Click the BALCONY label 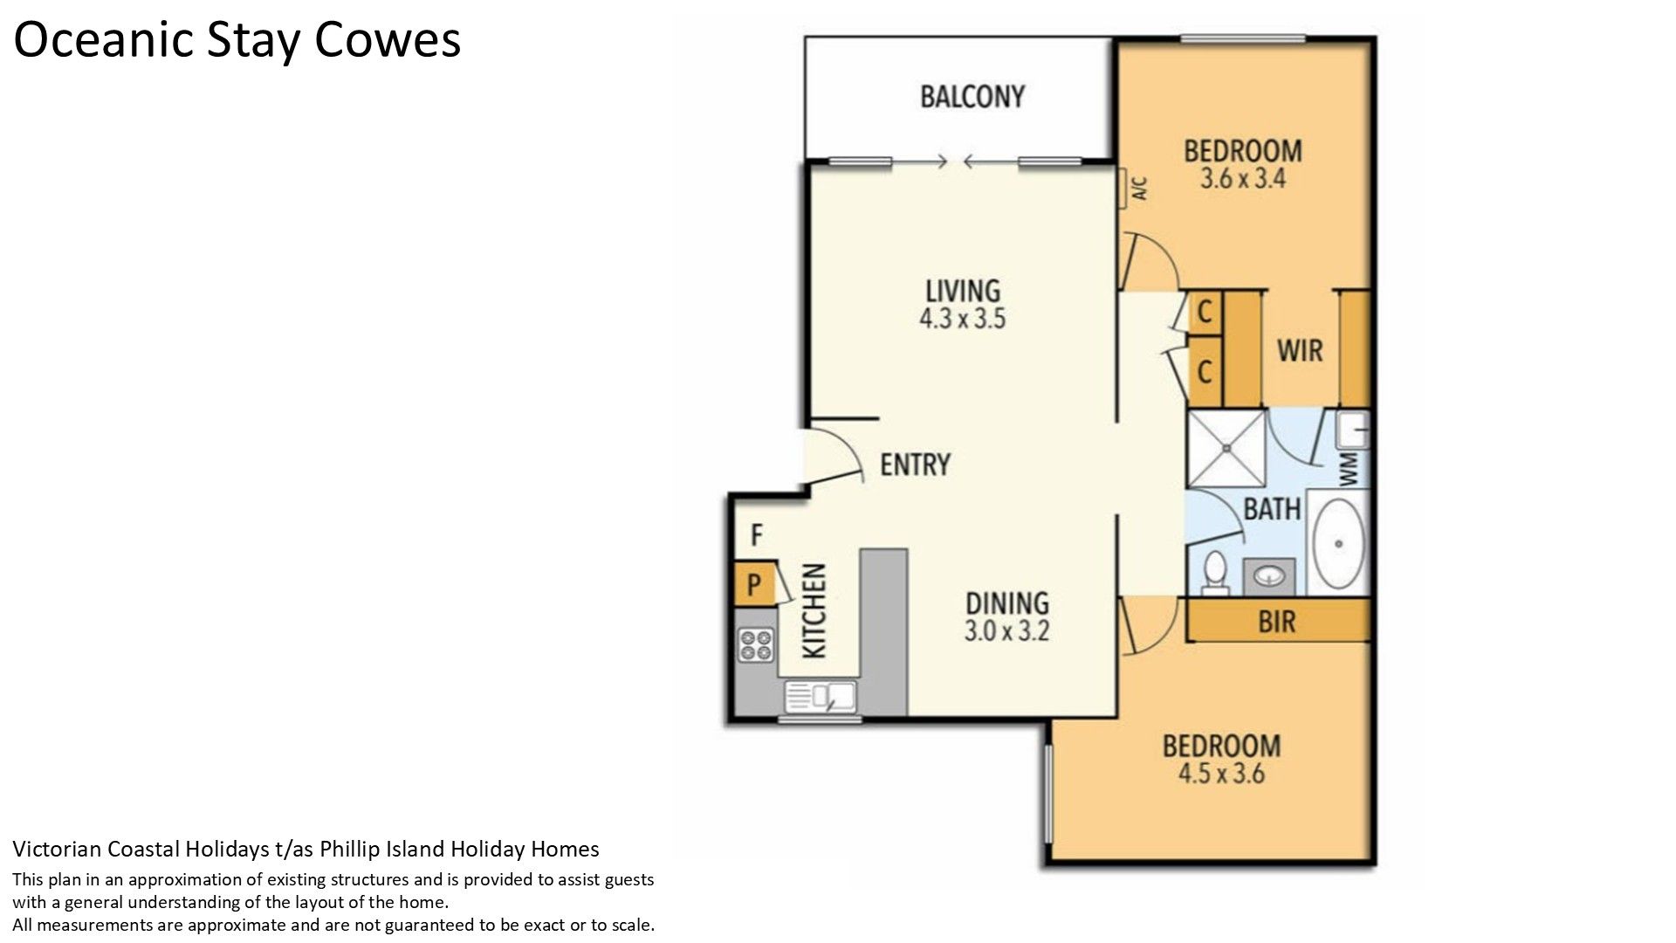972,96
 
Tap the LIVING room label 963,291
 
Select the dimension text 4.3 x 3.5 962,319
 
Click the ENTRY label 915,465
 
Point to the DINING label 1007,603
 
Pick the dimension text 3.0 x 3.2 1006,630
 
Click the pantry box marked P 754,584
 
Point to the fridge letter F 757,534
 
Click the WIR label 1300,351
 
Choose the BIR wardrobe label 1276,622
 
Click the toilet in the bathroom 1214,573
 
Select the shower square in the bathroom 1226,449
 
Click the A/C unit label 1137,189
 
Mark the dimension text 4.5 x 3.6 1221,774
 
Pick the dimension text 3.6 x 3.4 1242,179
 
